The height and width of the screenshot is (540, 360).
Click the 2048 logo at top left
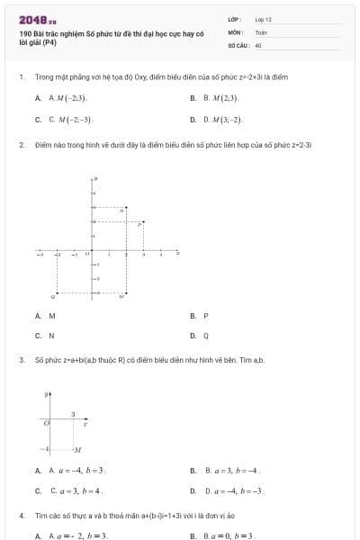[x=38, y=19]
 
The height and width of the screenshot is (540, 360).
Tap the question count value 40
[x=258, y=44]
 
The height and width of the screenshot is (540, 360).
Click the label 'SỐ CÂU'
[x=238, y=44]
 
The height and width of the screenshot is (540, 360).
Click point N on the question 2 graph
[x=122, y=211]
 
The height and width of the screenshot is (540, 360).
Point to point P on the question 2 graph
[x=139, y=223]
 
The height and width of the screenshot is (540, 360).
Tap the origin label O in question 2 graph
[x=87, y=254]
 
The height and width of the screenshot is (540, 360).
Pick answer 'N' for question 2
[x=51, y=336]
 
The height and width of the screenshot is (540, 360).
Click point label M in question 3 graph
[x=78, y=448]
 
